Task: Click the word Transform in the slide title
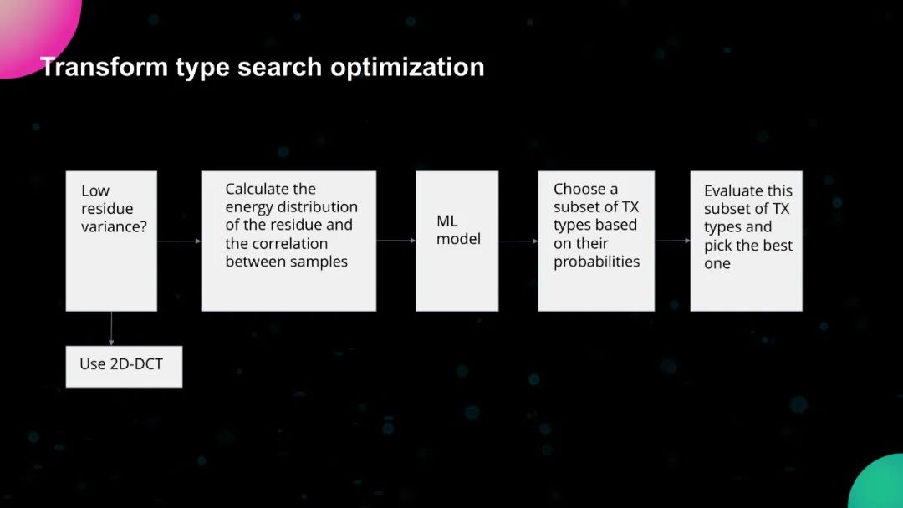(x=105, y=67)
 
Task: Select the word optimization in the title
(x=407, y=68)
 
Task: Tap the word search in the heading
(x=279, y=67)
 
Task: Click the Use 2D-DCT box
(x=124, y=367)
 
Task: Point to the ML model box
(x=457, y=241)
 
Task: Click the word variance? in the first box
(x=114, y=226)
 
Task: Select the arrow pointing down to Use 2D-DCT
(x=111, y=328)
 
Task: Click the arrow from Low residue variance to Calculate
(x=179, y=241)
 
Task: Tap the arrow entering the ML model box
(x=396, y=241)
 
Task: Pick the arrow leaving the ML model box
(x=518, y=241)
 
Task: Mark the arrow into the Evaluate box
(x=672, y=241)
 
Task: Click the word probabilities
(x=597, y=262)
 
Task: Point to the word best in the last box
(x=778, y=245)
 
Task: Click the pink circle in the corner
(x=34, y=28)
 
